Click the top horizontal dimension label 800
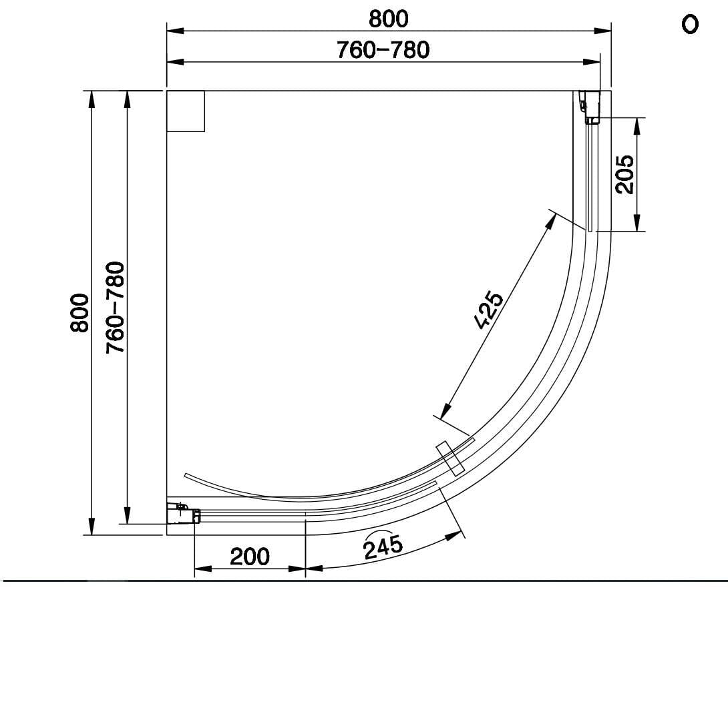pos(388,19)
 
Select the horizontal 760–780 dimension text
pos(383,50)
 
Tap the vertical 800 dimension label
pos(79,312)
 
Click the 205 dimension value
pos(624,174)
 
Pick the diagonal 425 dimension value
pos(488,310)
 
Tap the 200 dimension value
pos(250,556)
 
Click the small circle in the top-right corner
pos(690,25)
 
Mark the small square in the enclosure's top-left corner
pos(186,111)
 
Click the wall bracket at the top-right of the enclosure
pos(590,107)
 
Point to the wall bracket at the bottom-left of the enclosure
pos(184,514)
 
